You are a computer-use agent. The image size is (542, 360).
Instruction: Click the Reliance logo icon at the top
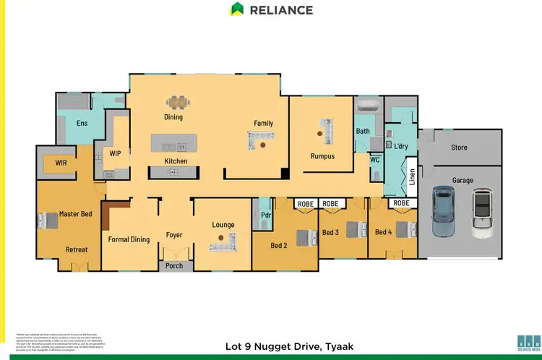236,9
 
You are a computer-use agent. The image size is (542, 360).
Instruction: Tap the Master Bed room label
75,214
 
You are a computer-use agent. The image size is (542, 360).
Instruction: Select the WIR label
61,163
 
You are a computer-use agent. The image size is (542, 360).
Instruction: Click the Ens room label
82,124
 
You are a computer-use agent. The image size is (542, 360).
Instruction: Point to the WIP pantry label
115,153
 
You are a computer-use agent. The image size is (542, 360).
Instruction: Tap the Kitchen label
176,161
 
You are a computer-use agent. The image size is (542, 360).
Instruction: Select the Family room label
263,123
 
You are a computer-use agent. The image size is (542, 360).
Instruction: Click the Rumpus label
322,155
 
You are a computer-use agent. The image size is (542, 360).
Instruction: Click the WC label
375,160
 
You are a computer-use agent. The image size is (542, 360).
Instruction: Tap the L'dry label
401,147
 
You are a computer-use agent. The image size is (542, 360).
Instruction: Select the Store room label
459,147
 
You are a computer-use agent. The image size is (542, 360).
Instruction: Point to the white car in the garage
481,213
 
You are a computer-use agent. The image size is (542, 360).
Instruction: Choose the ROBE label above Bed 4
401,204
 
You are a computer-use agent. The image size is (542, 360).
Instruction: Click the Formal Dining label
129,239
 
